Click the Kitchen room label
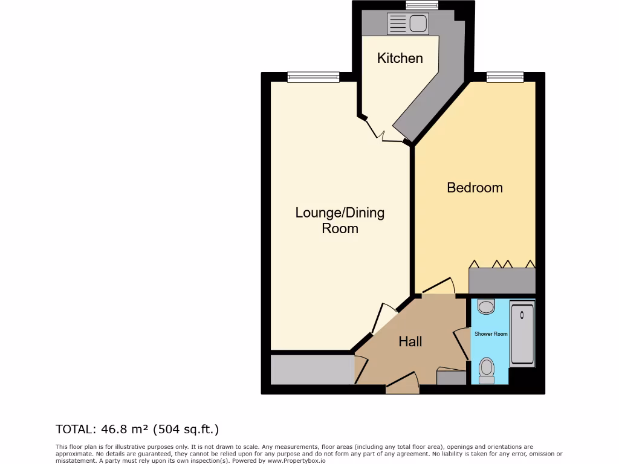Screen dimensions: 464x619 point(400,58)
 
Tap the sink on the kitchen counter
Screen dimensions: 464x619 point(418,24)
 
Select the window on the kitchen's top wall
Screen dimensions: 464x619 point(422,5)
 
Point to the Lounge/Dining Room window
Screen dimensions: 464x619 point(313,77)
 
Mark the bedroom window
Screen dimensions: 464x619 point(505,77)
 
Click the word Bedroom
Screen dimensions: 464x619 point(475,187)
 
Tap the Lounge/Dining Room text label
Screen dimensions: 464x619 point(340,221)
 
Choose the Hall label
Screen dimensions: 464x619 point(410,341)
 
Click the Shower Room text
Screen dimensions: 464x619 point(491,334)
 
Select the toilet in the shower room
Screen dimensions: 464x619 point(487,370)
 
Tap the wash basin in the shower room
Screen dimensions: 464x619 point(486,306)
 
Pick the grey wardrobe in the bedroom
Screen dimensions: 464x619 point(502,281)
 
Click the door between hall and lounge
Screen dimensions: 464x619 point(381,317)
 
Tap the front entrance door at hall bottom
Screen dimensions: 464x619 point(403,381)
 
